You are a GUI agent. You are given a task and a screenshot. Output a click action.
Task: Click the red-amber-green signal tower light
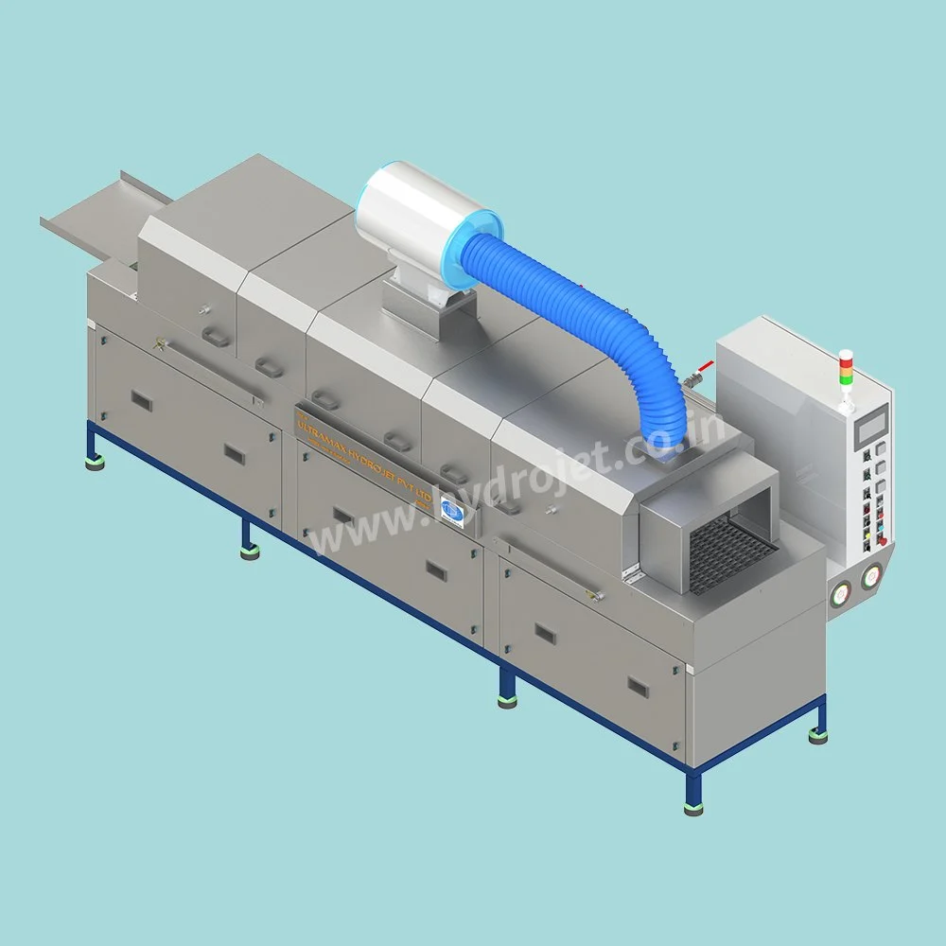point(846,369)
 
